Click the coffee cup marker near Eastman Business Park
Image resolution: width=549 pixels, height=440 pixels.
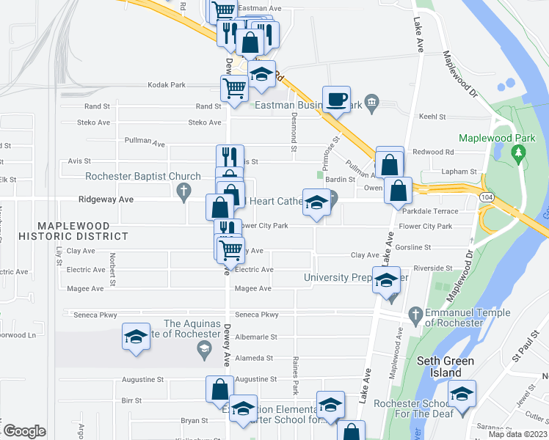tap(336, 99)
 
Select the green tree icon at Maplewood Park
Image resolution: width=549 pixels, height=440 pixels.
tap(520, 153)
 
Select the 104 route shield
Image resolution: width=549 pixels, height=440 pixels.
tap(486, 198)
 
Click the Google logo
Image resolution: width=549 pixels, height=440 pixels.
tap(23, 430)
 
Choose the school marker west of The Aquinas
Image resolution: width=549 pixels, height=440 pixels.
tap(136, 337)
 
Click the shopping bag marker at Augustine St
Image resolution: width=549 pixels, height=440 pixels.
tap(220, 389)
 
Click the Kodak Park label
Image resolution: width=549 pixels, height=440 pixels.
tap(167, 85)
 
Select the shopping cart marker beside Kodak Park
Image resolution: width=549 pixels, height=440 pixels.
tap(234, 88)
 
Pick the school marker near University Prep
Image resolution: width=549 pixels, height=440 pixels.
tap(386, 280)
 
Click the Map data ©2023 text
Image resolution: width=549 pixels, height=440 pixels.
tap(517, 434)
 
